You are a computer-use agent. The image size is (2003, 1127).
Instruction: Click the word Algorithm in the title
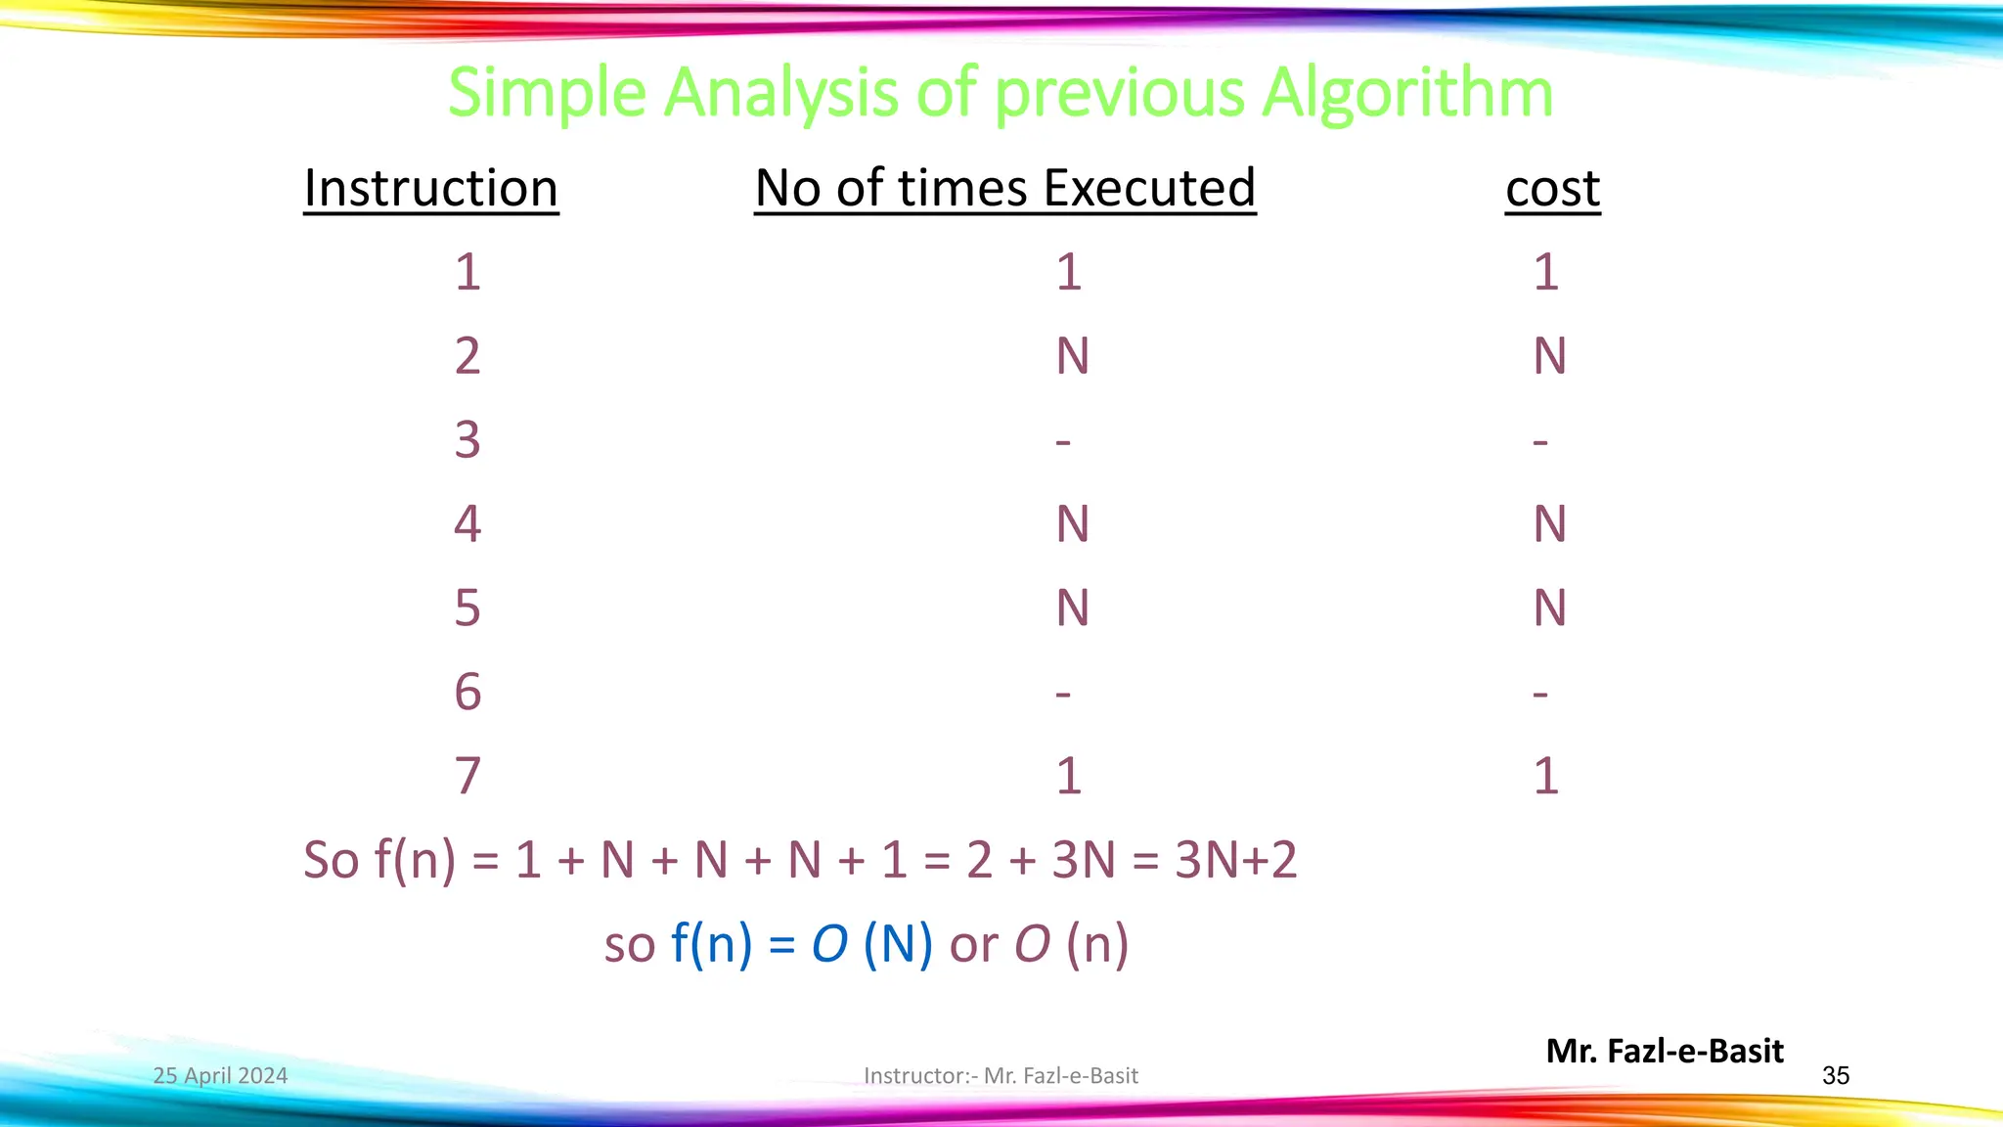click(x=1406, y=95)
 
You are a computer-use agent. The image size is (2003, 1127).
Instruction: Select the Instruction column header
click(x=430, y=188)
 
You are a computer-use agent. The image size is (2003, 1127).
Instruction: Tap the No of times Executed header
click(x=1004, y=188)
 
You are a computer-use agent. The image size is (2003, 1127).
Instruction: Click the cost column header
click(x=1552, y=188)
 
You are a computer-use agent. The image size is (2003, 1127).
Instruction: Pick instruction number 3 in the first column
click(x=467, y=440)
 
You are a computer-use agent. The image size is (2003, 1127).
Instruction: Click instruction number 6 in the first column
click(x=467, y=693)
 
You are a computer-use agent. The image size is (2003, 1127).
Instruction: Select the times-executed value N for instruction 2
click(x=1072, y=356)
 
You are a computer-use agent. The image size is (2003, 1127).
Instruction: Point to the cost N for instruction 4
click(x=1549, y=524)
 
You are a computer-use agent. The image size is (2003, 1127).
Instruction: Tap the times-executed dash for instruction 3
click(x=1063, y=442)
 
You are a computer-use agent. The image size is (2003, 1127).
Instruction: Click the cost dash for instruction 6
click(x=1540, y=695)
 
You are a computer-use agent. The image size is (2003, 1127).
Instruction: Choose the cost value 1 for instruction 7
click(x=1545, y=777)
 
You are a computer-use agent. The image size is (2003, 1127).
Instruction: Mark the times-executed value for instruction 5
click(x=1072, y=609)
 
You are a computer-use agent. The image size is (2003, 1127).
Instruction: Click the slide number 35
click(x=1836, y=1076)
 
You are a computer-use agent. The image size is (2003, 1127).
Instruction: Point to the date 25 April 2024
click(x=220, y=1076)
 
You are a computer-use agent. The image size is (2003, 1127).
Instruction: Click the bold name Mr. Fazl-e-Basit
click(x=1665, y=1051)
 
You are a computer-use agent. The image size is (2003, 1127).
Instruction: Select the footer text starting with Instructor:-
click(x=1001, y=1076)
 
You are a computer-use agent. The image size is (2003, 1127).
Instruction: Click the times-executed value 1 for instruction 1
click(x=1068, y=272)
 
